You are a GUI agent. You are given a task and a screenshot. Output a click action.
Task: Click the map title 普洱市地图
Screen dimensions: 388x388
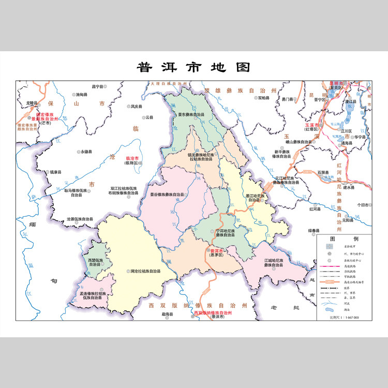(193, 67)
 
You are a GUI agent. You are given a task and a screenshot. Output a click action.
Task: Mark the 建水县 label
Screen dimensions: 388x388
(350, 187)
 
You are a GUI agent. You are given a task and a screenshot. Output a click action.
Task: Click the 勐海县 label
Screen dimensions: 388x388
(167, 314)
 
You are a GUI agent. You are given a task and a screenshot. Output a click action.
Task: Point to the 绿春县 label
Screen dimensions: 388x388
(316, 230)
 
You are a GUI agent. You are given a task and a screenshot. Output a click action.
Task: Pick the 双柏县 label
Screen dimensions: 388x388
(264, 98)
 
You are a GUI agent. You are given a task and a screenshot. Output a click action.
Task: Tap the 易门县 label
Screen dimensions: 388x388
(288, 98)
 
